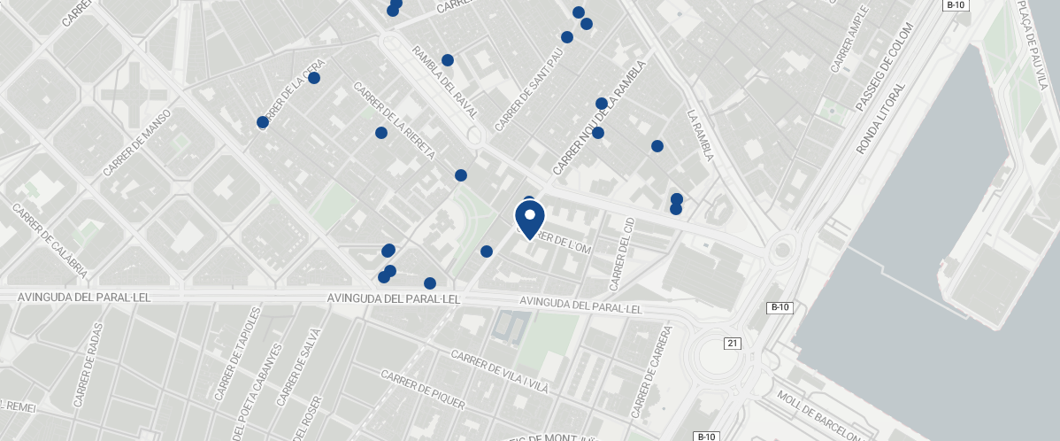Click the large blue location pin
[x=529, y=219]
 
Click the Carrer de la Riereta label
[x=394, y=121]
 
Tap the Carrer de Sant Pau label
[x=529, y=89]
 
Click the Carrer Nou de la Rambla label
[x=600, y=118]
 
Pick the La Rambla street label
[x=700, y=135]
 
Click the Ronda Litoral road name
[x=881, y=120]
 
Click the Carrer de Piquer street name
[x=422, y=390]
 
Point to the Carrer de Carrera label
[x=653, y=372]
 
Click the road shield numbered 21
[x=732, y=344]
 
